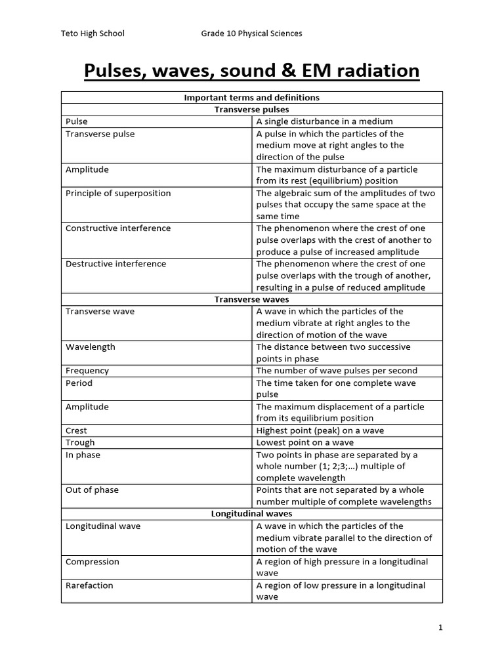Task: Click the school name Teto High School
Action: [92, 33]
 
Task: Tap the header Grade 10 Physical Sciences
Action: [251, 33]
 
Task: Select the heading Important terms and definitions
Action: [251, 98]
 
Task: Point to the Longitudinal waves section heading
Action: [251, 514]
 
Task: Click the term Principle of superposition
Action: [118, 193]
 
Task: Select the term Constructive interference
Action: [118, 228]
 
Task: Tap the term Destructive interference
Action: [115, 264]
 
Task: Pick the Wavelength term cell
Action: [91, 346]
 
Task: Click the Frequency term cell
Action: [87, 371]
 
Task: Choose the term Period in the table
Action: [79, 383]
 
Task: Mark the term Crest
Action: [77, 430]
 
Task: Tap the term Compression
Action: [93, 562]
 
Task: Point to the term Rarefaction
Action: [89, 585]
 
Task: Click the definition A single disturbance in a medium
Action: [324, 121]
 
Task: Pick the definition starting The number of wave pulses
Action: [337, 371]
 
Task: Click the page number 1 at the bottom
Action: [440, 628]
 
